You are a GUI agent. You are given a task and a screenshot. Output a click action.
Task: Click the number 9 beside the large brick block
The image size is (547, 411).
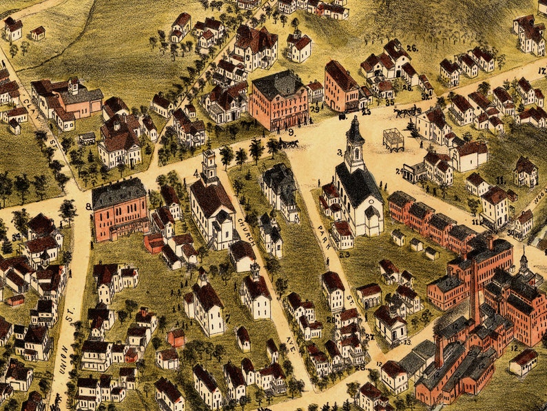291,130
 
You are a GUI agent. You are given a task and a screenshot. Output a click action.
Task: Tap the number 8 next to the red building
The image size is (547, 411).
88,205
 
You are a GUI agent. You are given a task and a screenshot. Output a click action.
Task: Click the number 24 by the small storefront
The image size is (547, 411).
399,170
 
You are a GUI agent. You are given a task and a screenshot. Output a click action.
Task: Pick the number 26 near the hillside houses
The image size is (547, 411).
412,48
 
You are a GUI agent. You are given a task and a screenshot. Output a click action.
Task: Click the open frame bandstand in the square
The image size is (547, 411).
393,139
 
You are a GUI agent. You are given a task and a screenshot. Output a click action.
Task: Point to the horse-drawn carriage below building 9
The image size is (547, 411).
289,143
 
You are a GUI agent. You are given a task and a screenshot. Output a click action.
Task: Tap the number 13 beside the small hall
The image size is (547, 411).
407,341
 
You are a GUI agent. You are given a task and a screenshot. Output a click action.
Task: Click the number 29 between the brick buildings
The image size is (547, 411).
314,108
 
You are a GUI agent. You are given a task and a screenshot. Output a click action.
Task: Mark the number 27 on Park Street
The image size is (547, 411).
369,337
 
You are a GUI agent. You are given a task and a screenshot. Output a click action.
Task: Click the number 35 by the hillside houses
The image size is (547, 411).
390,102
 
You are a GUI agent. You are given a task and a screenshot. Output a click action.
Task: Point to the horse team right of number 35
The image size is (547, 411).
408,110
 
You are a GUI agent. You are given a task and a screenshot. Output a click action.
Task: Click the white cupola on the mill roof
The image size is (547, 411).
524,261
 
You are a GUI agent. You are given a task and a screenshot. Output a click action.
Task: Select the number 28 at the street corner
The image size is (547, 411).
360,367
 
